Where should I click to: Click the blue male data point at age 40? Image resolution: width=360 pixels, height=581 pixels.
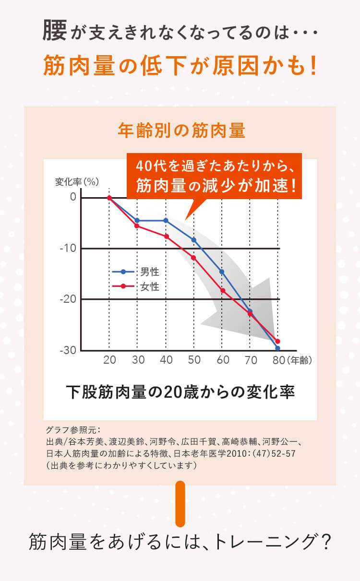(166, 220)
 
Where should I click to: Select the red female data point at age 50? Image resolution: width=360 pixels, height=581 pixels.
(193, 258)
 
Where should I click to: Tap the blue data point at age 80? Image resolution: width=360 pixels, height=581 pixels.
(277, 348)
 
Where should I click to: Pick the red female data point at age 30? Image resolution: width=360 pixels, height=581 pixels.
(137, 225)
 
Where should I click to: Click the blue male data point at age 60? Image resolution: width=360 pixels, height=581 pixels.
(222, 272)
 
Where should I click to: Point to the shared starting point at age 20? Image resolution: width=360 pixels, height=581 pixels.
(109, 198)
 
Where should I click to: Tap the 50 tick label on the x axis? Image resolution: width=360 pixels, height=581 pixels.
(194, 360)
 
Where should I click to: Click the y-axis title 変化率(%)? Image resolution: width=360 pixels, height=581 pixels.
(77, 182)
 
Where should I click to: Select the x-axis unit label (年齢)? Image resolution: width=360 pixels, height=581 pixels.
(300, 360)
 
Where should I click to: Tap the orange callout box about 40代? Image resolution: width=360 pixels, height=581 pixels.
(214, 176)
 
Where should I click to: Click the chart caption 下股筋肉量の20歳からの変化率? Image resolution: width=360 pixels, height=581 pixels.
(180, 392)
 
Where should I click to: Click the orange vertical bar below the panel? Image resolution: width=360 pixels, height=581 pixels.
(180, 504)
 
